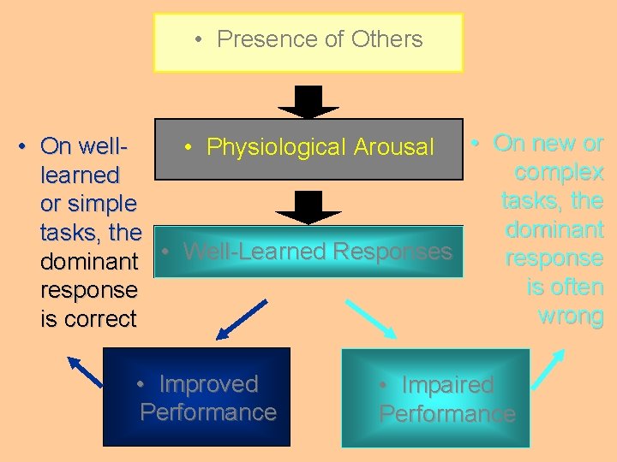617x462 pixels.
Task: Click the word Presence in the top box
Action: [256, 39]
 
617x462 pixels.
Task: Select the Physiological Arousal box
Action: [308, 148]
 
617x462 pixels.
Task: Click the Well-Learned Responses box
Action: [308, 252]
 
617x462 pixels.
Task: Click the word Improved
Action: [208, 384]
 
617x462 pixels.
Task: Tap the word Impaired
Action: [447, 385]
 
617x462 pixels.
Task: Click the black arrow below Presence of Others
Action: [308, 102]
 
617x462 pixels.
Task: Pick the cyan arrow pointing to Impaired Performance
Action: [370, 318]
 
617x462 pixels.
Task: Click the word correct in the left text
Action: [100, 319]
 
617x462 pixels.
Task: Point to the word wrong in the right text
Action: [571, 316]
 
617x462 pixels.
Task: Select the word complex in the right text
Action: [559, 173]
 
